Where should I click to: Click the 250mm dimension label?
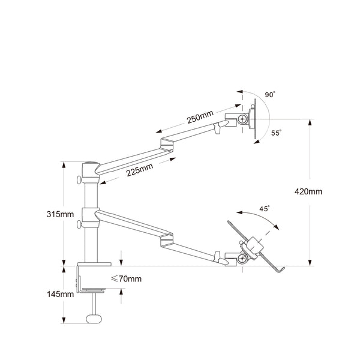(x=199, y=119)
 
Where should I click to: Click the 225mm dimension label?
(x=139, y=172)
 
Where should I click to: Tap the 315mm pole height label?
(x=61, y=214)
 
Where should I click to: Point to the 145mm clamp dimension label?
(x=61, y=294)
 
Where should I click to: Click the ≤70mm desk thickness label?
(x=127, y=279)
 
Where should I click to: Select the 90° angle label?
(x=270, y=95)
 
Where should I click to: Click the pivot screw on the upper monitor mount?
(x=243, y=118)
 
